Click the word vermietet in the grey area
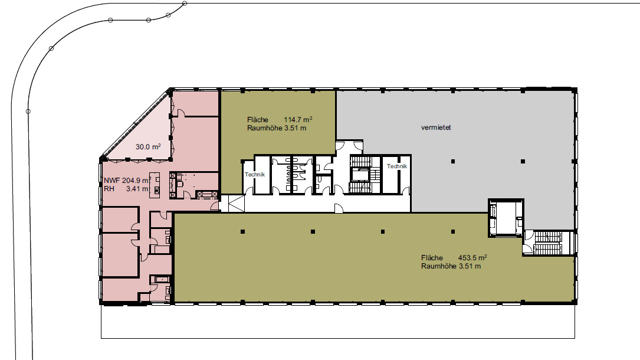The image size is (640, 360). click(x=436, y=127)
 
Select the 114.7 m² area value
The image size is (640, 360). click(x=298, y=119)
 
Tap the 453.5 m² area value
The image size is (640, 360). click(x=472, y=257)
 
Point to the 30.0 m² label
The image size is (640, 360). click(x=148, y=146)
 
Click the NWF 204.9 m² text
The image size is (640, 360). click(x=127, y=181)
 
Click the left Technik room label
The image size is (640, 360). click(x=255, y=174)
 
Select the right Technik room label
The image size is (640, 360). click(x=397, y=166)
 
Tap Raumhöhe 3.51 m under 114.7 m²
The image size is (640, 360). click(x=276, y=127)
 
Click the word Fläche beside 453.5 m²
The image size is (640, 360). click(x=432, y=257)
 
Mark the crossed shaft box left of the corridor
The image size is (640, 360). click(x=235, y=204)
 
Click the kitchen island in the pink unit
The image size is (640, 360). click(x=155, y=185)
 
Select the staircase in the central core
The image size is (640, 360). click(x=360, y=174)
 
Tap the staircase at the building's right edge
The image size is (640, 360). click(x=548, y=243)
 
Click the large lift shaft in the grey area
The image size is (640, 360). click(x=506, y=217)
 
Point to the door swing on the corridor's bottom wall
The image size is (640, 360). click(x=339, y=208)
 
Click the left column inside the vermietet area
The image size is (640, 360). click(x=452, y=161)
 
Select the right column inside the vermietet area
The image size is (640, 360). click(x=523, y=161)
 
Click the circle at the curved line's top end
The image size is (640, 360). click(x=185, y=4)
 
